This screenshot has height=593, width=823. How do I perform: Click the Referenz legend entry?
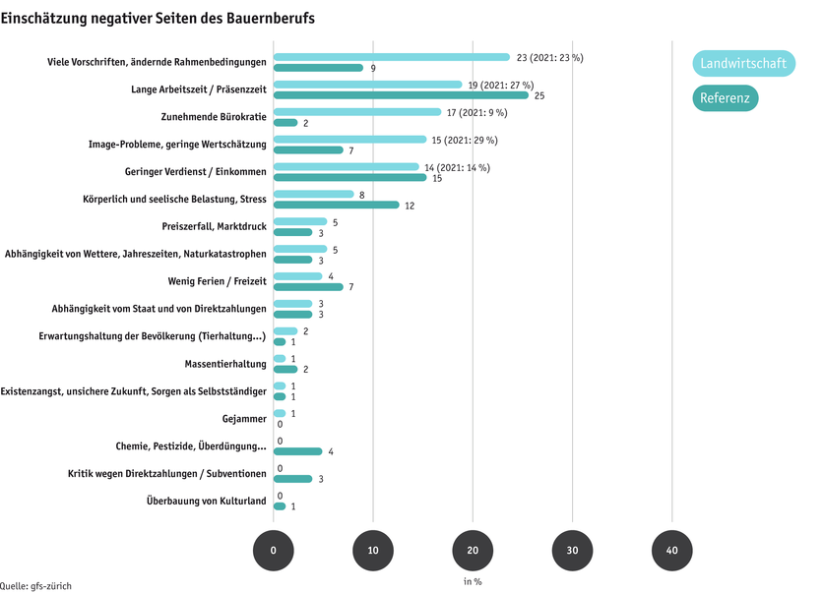coord(725,98)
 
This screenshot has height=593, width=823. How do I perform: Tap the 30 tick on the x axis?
coord(572,552)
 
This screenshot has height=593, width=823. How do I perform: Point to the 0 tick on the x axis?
coord(273,552)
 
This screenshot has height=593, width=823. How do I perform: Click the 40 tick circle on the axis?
coord(671,552)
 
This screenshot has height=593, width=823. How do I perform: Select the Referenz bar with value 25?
coord(401,95)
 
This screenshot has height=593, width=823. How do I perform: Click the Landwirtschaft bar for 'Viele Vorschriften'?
coord(391,57)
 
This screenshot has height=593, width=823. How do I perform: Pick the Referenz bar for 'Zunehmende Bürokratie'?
coord(285,123)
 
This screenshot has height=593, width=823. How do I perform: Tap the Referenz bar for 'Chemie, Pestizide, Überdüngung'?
coord(297,451)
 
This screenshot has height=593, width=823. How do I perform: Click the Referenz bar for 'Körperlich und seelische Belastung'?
coord(336,205)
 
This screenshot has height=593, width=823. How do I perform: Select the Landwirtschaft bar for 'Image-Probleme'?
coord(349,140)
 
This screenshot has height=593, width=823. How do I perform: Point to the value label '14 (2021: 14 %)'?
coord(457,167)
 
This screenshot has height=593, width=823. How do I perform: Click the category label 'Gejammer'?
coord(245,419)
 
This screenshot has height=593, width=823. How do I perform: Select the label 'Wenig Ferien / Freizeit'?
coord(218,281)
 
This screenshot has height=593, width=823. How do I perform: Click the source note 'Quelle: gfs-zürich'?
coord(36,585)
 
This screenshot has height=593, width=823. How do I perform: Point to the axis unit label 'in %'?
coord(473,581)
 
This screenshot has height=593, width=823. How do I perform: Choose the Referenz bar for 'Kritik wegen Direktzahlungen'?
coord(292,479)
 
